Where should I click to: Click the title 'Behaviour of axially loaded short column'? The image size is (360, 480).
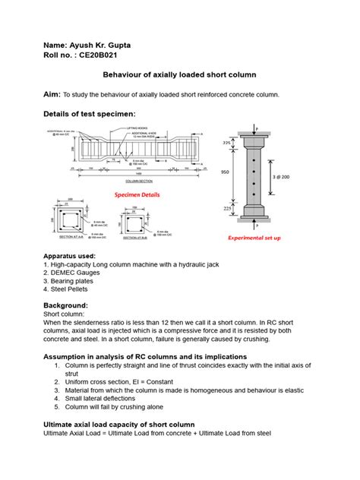(179, 75)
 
